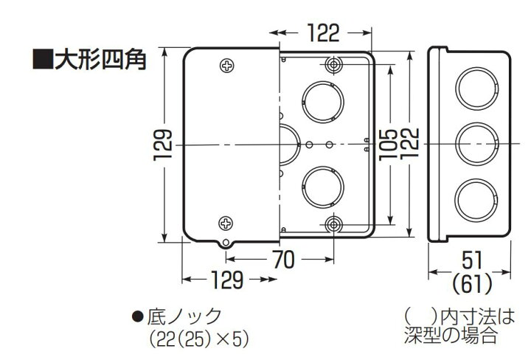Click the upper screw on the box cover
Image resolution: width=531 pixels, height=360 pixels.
(226, 66)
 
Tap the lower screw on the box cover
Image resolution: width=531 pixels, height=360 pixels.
(226, 222)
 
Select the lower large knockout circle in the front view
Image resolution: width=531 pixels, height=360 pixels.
(322, 186)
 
